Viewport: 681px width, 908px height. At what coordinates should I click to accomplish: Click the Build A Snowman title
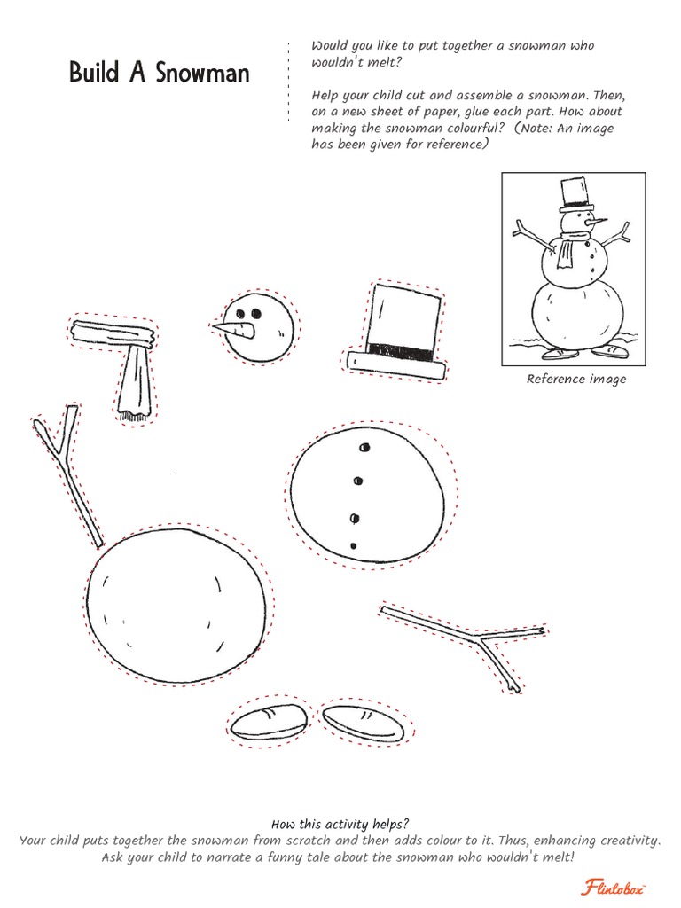click(x=160, y=73)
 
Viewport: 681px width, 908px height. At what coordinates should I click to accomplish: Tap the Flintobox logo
click(x=613, y=887)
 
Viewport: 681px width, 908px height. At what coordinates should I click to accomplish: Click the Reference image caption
click(x=576, y=380)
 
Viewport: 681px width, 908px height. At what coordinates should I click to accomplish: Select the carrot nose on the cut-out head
click(x=232, y=330)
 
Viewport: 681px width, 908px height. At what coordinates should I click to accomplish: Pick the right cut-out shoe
click(x=362, y=723)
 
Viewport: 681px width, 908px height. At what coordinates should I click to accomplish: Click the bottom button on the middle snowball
click(x=354, y=545)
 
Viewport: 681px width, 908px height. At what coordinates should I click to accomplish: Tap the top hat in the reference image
click(x=575, y=195)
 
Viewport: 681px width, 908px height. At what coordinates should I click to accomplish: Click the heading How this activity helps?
click(x=340, y=824)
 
